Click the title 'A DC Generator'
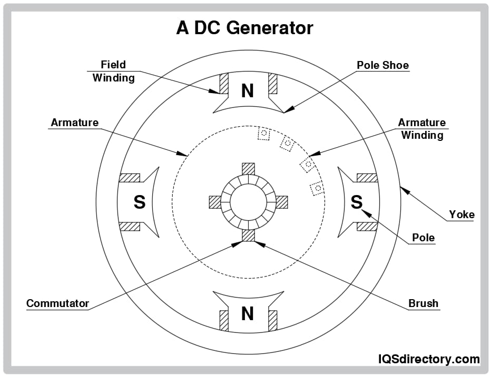pyautogui.click(x=245, y=28)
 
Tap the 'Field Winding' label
pyautogui.click(x=113, y=71)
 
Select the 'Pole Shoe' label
pyautogui.click(x=383, y=66)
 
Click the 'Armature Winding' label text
pyautogui.click(x=422, y=129)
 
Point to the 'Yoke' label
pyautogui.click(x=461, y=214)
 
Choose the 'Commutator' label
pyautogui.click(x=58, y=303)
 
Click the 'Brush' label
pyautogui.click(x=424, y=303)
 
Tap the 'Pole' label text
pyautogui.click(x=424, y=238)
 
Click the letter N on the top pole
pyautogui.click(x=248, y=91)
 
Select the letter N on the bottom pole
pyautogui.click(x=248, y=314)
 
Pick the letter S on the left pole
pyautogui.click(x=139, y=202)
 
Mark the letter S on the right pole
pyautogui.click(x=357, y=202)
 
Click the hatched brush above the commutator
pyautogui.click(x=248, y=169)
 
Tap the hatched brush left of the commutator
pyautogui.click(x=215, y=202)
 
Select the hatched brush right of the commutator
pyautogui.click(x=282, y=202)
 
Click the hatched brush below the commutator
pyautogui.click(x=248, y=235)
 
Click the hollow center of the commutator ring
pyautogui.click(x=248, y=202)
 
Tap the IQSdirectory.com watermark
pyautogui.click(x=429, y=360)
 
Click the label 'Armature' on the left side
pyautogui.click(x=74, y=122)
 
